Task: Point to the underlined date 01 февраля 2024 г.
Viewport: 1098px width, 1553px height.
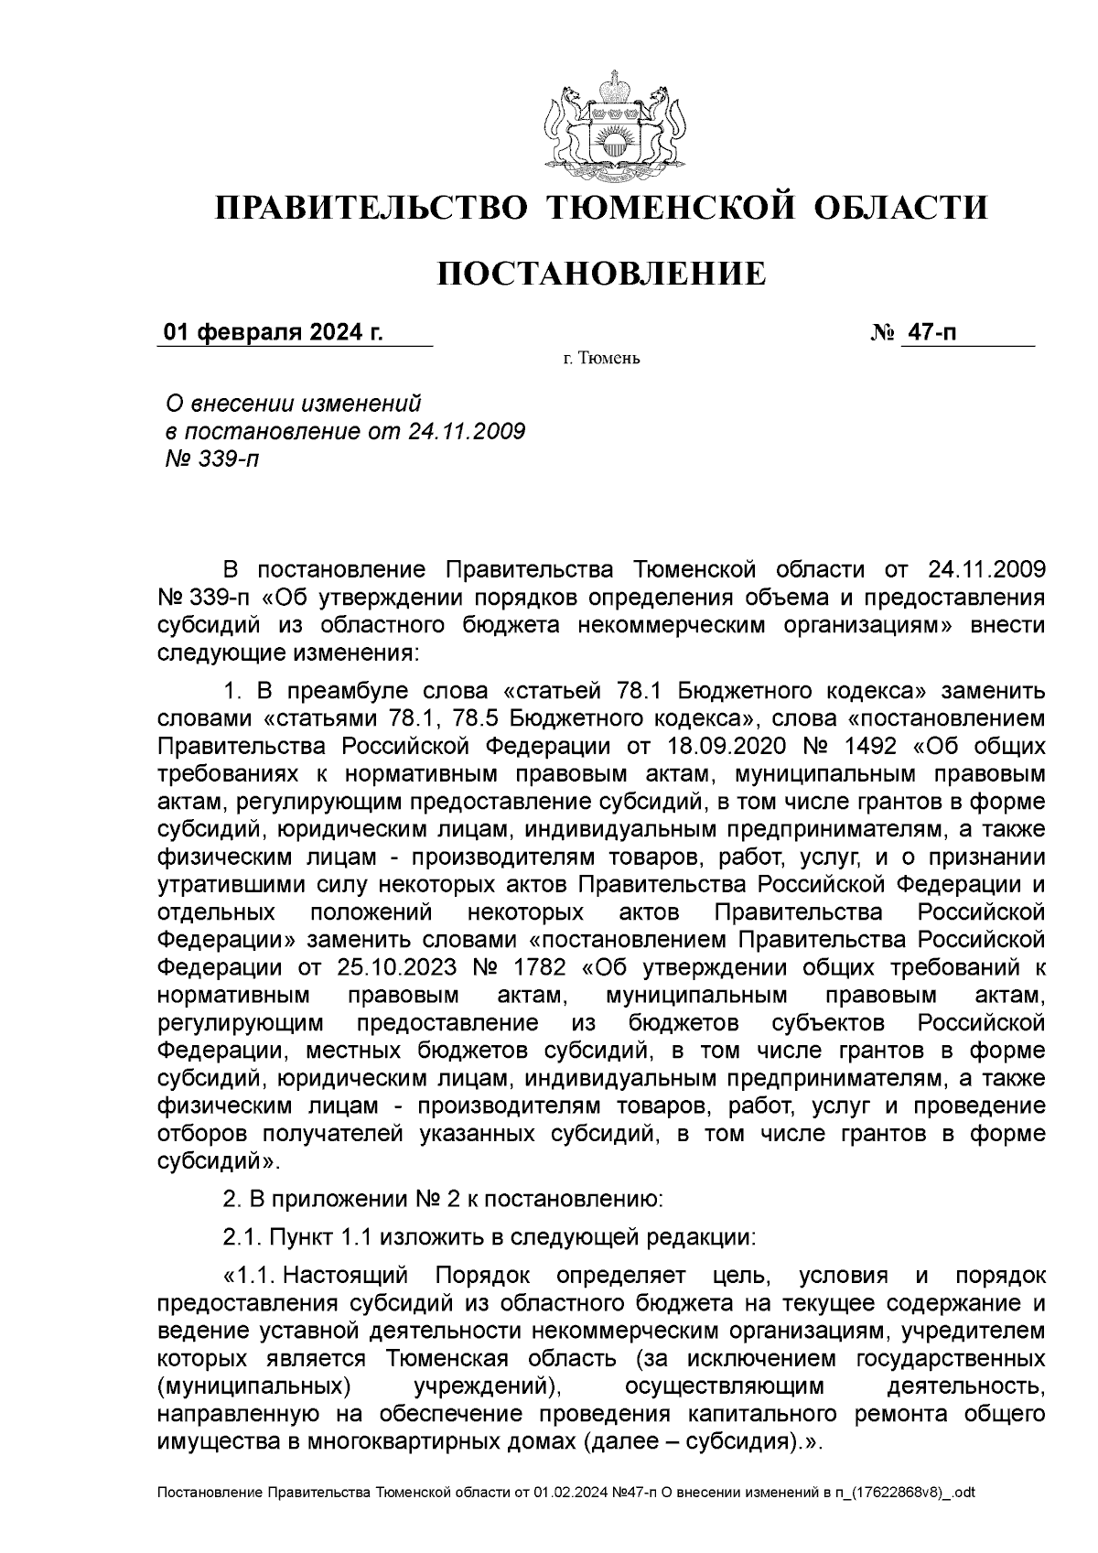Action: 273,331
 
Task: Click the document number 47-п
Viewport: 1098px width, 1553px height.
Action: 930,331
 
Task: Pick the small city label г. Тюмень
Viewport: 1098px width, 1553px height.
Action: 601,358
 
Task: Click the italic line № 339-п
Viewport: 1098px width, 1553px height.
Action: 210,458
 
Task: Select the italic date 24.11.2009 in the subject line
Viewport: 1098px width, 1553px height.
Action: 465,430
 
